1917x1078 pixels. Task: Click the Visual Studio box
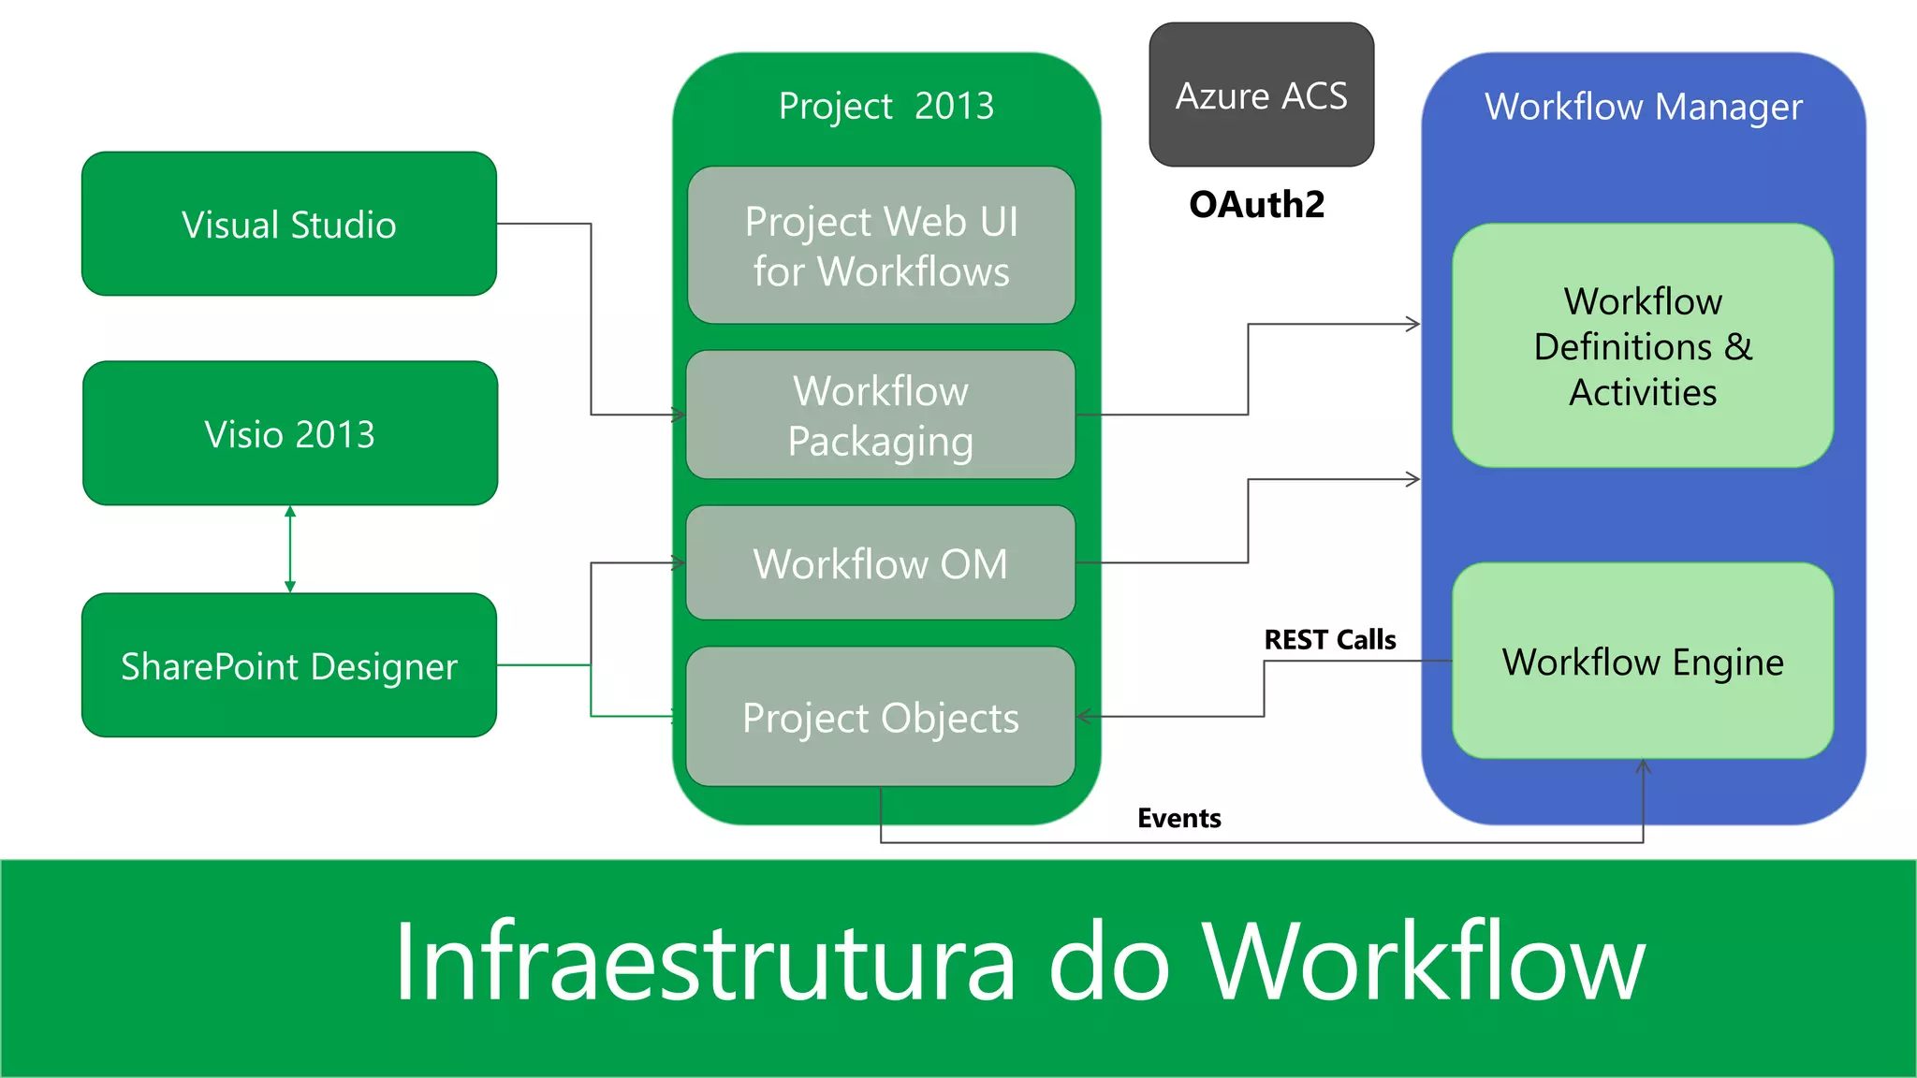289,225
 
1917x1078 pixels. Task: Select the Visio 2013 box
290,434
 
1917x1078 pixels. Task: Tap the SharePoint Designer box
289,665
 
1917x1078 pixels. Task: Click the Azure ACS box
1261,95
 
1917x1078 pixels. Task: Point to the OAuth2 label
1256,204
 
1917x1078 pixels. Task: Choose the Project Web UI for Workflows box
881,246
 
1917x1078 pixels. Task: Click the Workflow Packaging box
881,415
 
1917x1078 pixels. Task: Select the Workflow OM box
881,563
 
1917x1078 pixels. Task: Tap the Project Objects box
881,718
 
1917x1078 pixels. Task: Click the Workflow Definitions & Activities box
1643,346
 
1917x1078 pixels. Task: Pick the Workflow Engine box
1643,662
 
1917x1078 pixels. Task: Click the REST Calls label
1329,640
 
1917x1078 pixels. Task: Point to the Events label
1179,818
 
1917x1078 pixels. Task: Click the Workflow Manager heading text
1643,107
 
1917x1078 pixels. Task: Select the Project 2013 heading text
885,106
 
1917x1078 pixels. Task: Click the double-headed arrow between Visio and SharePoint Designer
290,549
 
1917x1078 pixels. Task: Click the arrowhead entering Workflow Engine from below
1643,766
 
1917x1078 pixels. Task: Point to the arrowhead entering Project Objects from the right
1084,717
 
